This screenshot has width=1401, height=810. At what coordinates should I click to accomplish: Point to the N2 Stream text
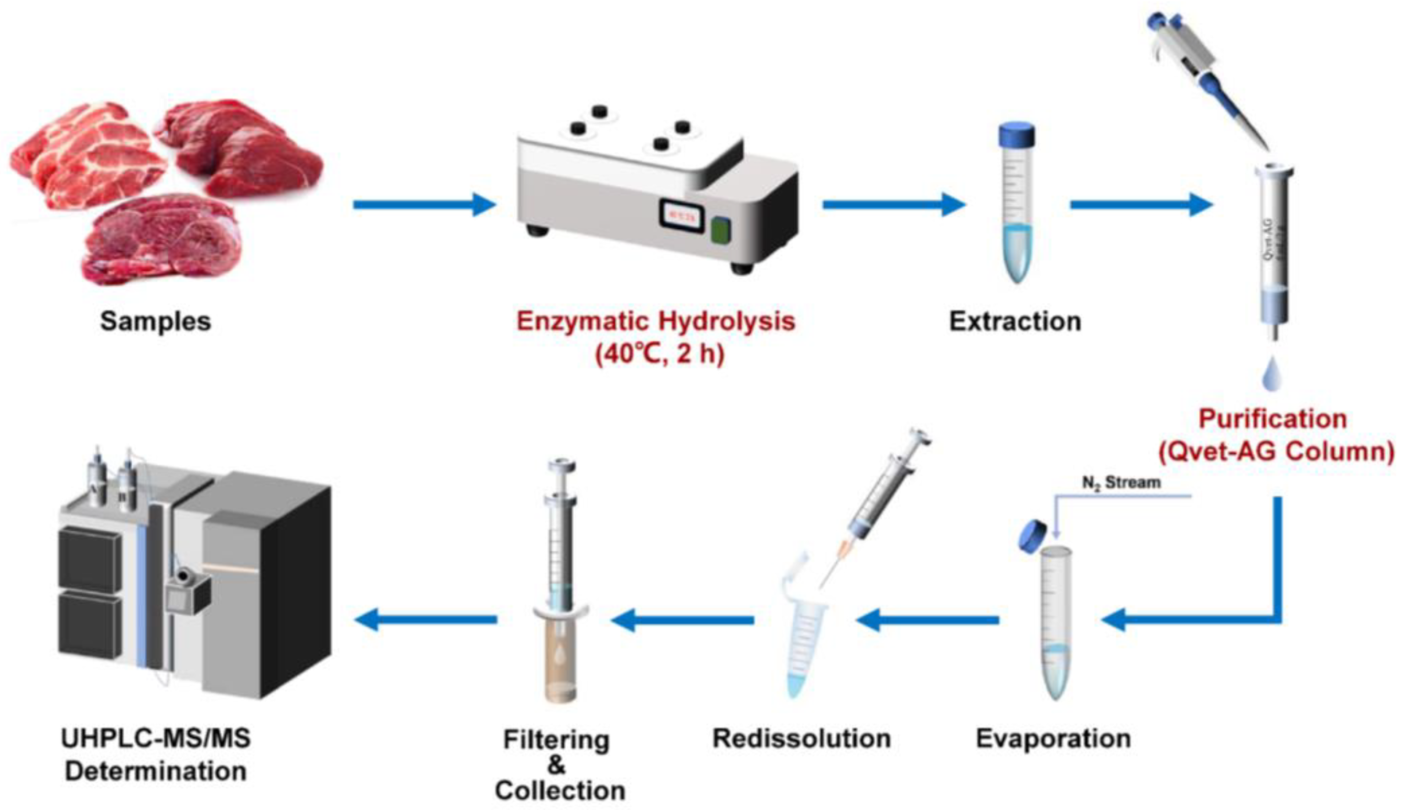click(1121, 482)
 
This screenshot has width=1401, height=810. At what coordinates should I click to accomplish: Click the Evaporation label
click(1053, 739)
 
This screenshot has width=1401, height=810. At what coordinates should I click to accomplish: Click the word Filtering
click(557, 740)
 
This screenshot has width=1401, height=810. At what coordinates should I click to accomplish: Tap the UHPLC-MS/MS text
click(156, 739)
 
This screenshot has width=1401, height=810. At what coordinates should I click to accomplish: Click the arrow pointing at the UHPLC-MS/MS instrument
click(425, 619)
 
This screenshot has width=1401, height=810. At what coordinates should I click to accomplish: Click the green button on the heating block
click(721, 230)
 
